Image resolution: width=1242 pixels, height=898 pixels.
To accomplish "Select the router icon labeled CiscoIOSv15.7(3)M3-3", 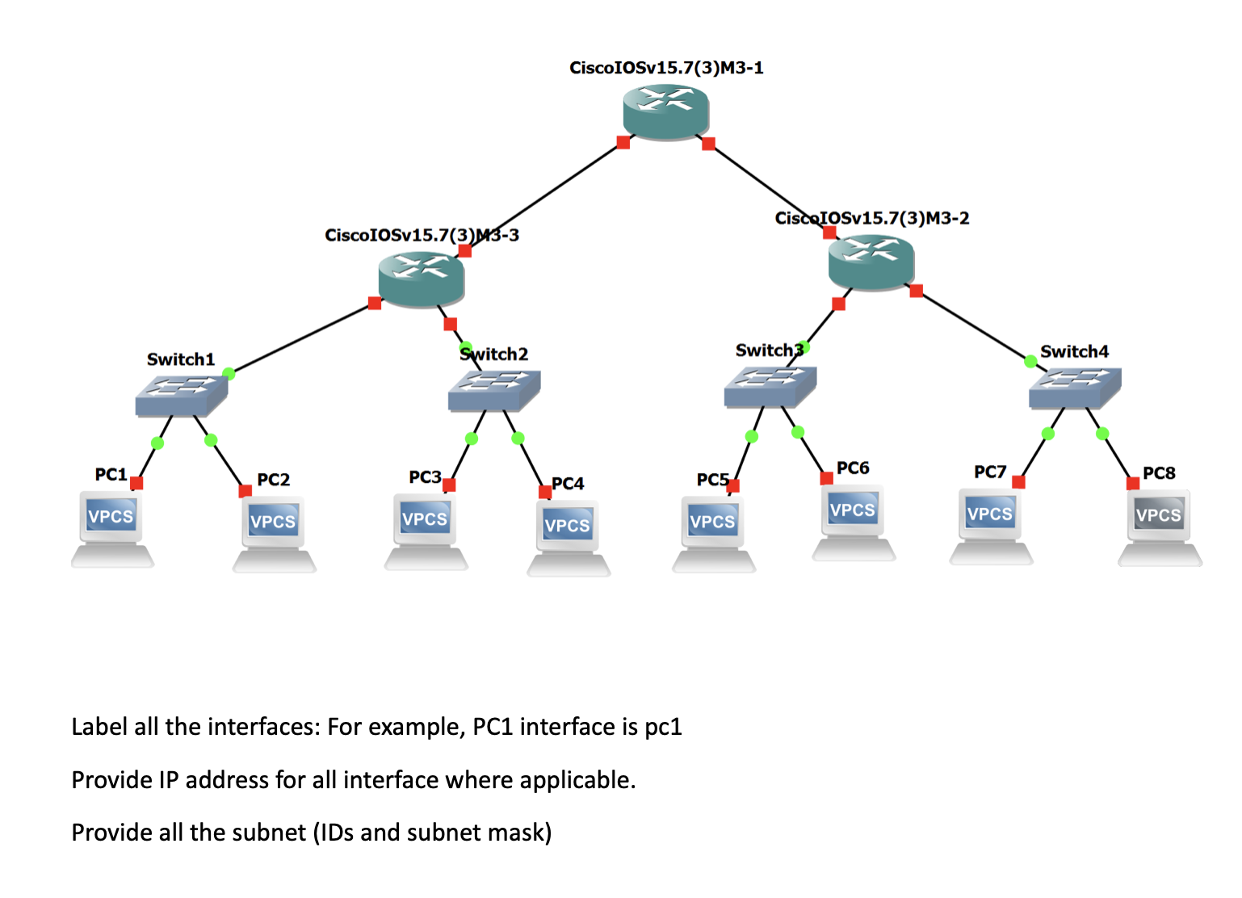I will coord(421,279).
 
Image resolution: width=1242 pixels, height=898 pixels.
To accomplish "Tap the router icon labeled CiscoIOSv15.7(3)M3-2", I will coord(871,262).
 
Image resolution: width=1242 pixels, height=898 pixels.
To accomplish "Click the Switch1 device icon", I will coord(181,396).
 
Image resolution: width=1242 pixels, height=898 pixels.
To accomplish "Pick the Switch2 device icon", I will coord(493,390).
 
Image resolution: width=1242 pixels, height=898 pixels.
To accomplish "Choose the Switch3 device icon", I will coord(770,386).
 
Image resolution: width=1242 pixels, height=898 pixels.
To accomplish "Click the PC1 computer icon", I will coord(111,529).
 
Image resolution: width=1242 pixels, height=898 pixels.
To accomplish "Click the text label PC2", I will coord(273,480).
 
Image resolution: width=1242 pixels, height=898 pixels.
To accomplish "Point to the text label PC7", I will coord(989,472).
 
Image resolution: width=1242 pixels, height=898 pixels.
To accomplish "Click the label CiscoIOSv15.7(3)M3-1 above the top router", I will coord(665,68).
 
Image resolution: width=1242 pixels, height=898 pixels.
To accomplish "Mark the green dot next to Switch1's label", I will coord(229,373).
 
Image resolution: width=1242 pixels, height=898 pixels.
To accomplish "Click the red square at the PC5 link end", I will coord(732,485).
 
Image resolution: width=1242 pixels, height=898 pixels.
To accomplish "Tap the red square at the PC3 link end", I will coord(449,485).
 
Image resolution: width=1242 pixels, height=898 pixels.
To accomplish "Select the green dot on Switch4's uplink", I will coord(1030,361).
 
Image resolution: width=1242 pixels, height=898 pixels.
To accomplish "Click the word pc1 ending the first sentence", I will coord(663,727).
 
